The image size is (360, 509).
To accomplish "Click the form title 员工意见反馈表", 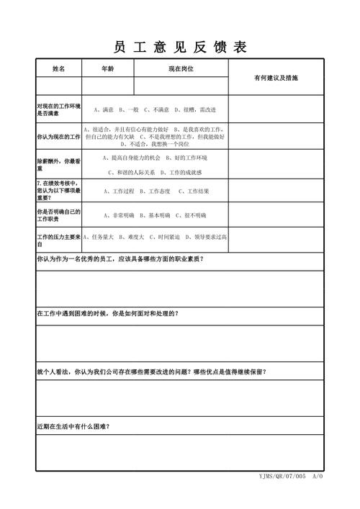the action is click(x=180, y=47).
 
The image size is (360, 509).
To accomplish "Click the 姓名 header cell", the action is click(x=58, y=68).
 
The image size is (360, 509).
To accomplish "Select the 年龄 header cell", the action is click(x=107, y=68).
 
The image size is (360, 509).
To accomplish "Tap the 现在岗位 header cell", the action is click(x=181, y=68).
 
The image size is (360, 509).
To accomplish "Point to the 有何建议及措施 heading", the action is click(x=276, y=77).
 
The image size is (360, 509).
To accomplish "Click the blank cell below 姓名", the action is click(x=58, y=86).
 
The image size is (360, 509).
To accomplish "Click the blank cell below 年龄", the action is click(x=107, y=86).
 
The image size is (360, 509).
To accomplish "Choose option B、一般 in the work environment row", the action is click(x=129, y=109).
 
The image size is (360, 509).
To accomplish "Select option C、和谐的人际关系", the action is click(x=131, y=173).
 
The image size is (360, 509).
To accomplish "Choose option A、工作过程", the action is click(x=119, y=192).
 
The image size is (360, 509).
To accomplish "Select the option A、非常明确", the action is click(x=119, y=215).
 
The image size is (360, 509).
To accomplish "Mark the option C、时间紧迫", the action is click(x=163, y=236).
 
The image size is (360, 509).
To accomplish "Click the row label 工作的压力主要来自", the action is click(x=58, y=240).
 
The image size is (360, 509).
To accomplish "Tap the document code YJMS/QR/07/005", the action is click(x=282, y=477).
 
